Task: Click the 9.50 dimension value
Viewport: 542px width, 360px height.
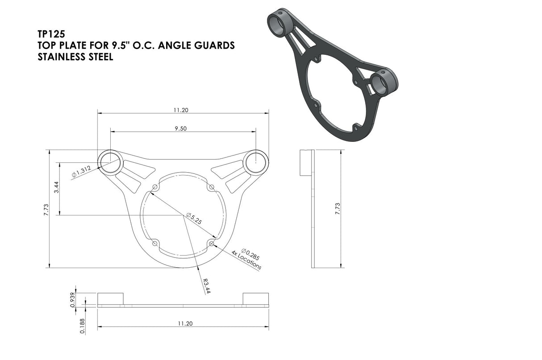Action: pos(181,128)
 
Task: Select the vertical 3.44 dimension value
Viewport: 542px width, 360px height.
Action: pos(56,188)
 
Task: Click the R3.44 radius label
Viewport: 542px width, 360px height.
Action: pos(206,286)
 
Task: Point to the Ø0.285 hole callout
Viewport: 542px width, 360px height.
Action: pos(250,254)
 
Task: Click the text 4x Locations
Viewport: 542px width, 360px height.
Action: pos(246,260)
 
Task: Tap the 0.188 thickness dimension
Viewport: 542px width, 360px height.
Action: pos(82,326)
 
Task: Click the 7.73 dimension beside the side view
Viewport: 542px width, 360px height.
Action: pos(338,209)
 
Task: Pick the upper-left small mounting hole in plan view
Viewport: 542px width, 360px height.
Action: pos(155,186)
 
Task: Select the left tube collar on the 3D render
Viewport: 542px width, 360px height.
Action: pos(279,24)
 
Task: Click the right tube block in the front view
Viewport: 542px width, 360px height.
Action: pos(255,298)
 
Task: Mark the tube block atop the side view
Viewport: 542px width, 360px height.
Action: pos(305,163)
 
